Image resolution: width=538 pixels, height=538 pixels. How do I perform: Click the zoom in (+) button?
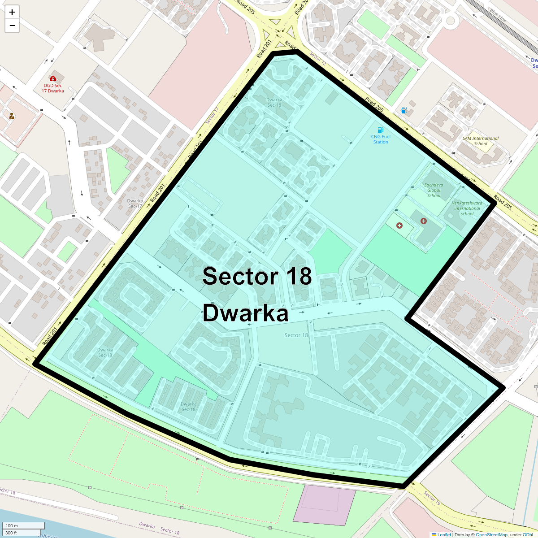pyautogui.click(x=12, y=12)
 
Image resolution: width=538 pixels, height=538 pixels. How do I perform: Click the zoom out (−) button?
pyautogui.click(x=12, y=26)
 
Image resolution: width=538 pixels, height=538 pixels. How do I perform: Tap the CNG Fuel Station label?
pyautogui.click(x=381, y=139)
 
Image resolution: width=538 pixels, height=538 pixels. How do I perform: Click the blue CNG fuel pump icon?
pyautogui.click(x=381, y=130)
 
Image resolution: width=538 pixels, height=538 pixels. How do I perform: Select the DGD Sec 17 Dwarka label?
pyautogui.click(x=53, y=88)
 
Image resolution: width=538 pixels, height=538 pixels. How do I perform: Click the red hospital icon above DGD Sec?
pyautogui.click(x=53, y=78)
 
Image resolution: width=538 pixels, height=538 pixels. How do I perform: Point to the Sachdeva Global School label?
pyautogui.click(x=434, y=190)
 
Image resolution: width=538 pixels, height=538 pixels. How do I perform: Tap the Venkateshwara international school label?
pyautogui.click(x=467, y=208)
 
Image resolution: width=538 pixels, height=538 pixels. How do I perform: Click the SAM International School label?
pyautogui.click(x=481, y=141)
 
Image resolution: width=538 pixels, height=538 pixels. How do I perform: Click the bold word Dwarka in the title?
pyautogui.click(x=245, y=313)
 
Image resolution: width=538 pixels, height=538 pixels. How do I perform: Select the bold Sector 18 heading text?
pyautogui.click(x=257, y=276)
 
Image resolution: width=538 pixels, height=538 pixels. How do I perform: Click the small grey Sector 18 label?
pyautogui.click(x=296, y=335)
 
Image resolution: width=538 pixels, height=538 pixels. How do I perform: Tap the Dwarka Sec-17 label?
pyautogui.click(x=135, y=203)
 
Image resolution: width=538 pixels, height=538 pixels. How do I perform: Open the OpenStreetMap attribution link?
pyautogui.click(x=491, y=534)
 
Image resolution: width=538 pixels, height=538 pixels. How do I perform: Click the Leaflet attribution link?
pyautogui.click(x=444, y=534)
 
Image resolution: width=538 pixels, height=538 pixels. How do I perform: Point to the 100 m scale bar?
pyautogui.click(x=24, y=525)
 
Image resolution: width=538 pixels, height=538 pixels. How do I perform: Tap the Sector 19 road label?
pyautogui.click(x=433, y=498)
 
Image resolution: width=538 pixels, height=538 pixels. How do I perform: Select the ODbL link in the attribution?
pyautogui.click(x=528, y=534)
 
